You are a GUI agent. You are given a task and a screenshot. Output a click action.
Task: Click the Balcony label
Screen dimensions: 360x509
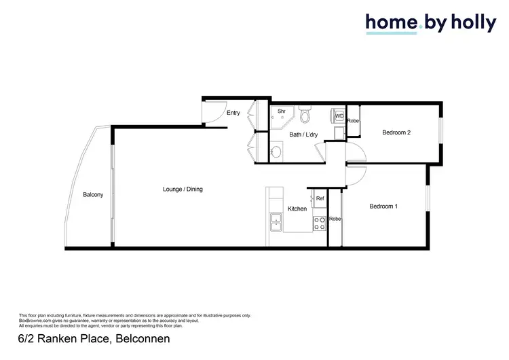tap(93, 195)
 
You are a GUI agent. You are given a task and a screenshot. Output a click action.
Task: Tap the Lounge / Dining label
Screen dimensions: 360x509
tap(183, 189)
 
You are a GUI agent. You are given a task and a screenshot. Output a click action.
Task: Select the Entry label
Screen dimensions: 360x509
tap(233, 113)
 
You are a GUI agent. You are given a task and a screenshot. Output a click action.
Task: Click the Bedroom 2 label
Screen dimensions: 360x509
tap(396, 132)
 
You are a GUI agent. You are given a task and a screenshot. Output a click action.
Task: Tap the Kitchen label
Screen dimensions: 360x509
tap(297, 209)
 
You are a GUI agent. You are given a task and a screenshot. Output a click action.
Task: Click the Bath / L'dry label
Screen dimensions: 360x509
tap(303, 134)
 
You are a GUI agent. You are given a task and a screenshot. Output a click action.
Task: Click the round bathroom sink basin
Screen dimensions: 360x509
tap(276, 151)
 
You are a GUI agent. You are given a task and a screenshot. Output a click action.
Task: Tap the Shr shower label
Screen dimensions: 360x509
tap(281, 111)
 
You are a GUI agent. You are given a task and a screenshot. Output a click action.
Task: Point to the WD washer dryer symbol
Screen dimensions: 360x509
tap(339, 116)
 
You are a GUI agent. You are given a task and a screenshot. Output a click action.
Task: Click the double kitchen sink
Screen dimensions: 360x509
tap(277, 221)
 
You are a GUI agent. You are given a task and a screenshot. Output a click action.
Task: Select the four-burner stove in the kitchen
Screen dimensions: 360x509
tap(319, 221)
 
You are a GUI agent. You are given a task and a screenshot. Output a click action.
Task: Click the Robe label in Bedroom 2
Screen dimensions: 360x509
tap(353, 121)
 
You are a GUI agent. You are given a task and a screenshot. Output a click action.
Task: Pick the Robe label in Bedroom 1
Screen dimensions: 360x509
tap(335, 219)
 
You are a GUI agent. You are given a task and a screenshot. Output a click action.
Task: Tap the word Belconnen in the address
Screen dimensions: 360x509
tap(143, 338)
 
